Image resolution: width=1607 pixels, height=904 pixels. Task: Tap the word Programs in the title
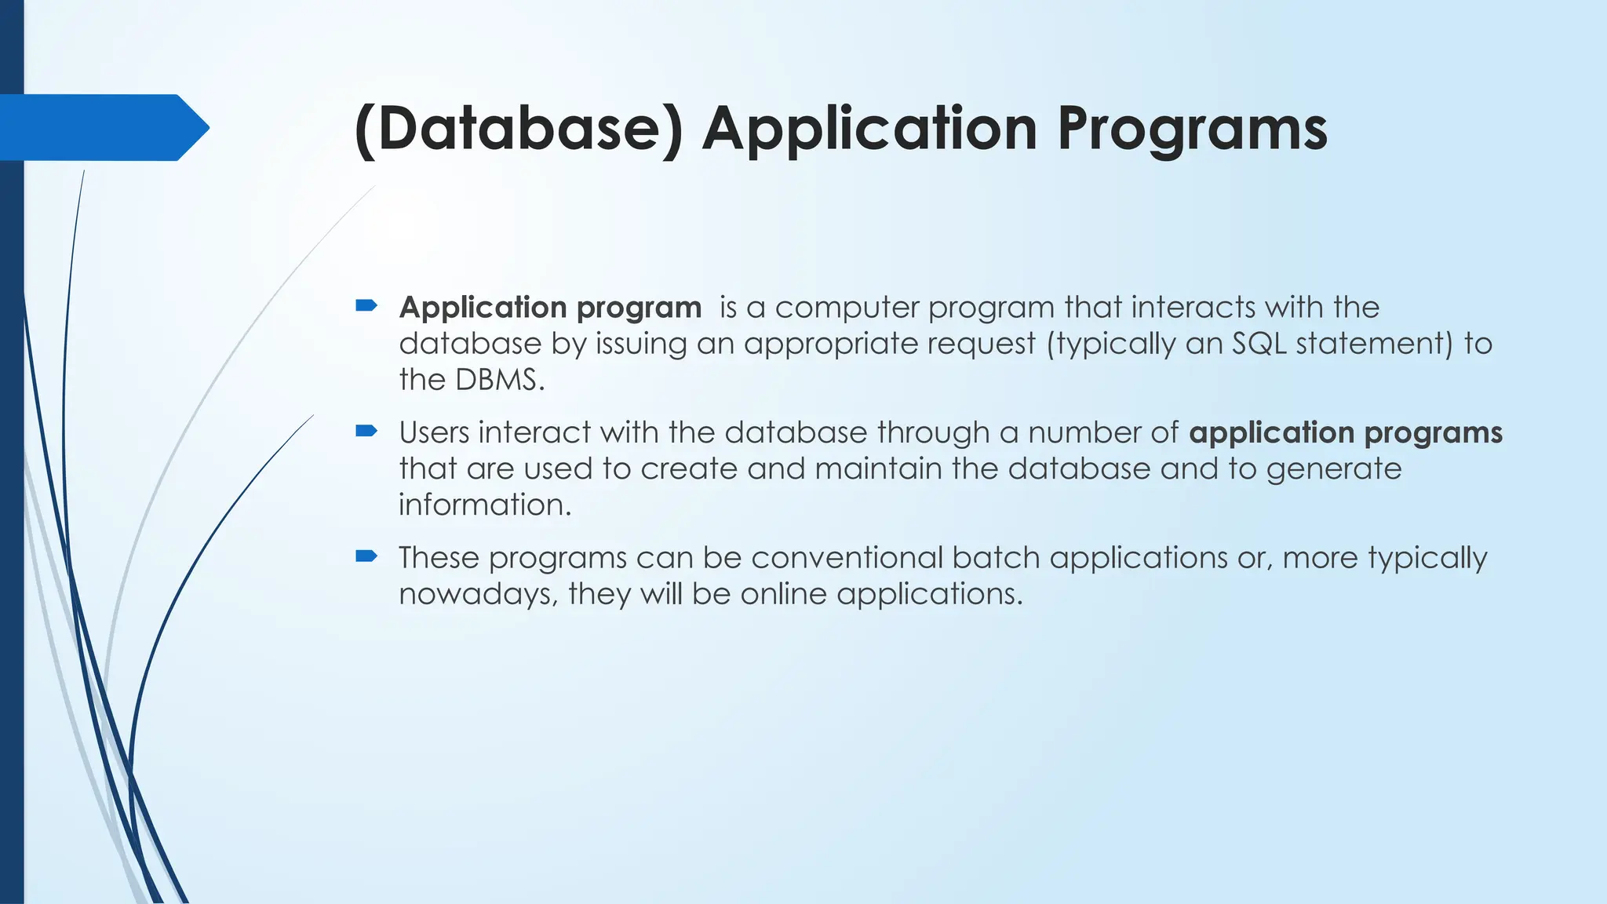tap(1192, 129)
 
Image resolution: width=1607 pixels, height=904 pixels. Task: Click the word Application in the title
tap(869, 129)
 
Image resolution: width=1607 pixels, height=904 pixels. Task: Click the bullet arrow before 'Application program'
tap(366, 305)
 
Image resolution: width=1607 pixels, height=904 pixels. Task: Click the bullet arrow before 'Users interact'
tap(366, 430)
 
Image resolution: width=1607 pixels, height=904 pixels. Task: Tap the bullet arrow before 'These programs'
tap(366, 556)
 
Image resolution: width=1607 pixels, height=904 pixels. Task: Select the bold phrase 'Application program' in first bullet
tap(550, 308)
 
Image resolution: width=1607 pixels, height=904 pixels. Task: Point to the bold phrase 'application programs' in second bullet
tap(1345, 432)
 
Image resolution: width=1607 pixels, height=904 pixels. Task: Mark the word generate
tap(1333, 469)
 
